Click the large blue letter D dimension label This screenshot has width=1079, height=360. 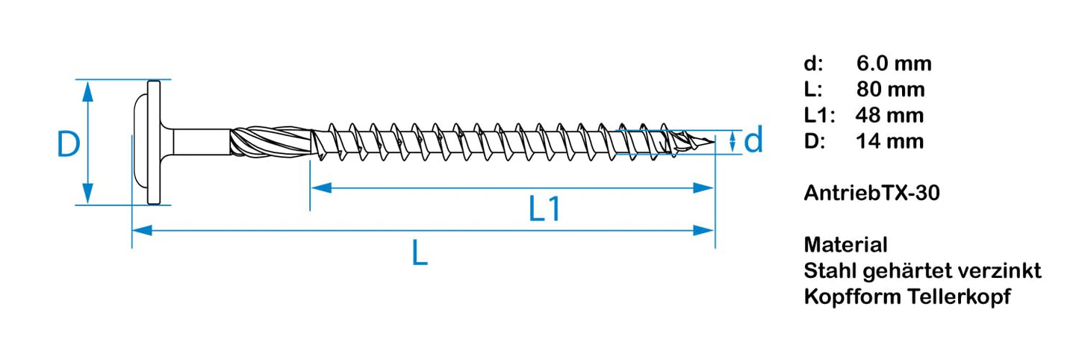point(68,144)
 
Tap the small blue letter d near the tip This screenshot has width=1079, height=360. point(753,140)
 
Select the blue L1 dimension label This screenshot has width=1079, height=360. point(544,210)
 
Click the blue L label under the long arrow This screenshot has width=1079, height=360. point(420,255)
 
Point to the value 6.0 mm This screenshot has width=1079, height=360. point(894,64)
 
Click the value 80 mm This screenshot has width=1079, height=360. point(890,90)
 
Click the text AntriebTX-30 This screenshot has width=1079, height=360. point(871,193)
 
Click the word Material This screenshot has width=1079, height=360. point(845,244)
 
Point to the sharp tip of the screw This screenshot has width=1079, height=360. point(712,140)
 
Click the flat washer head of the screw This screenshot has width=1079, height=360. point(155,142)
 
